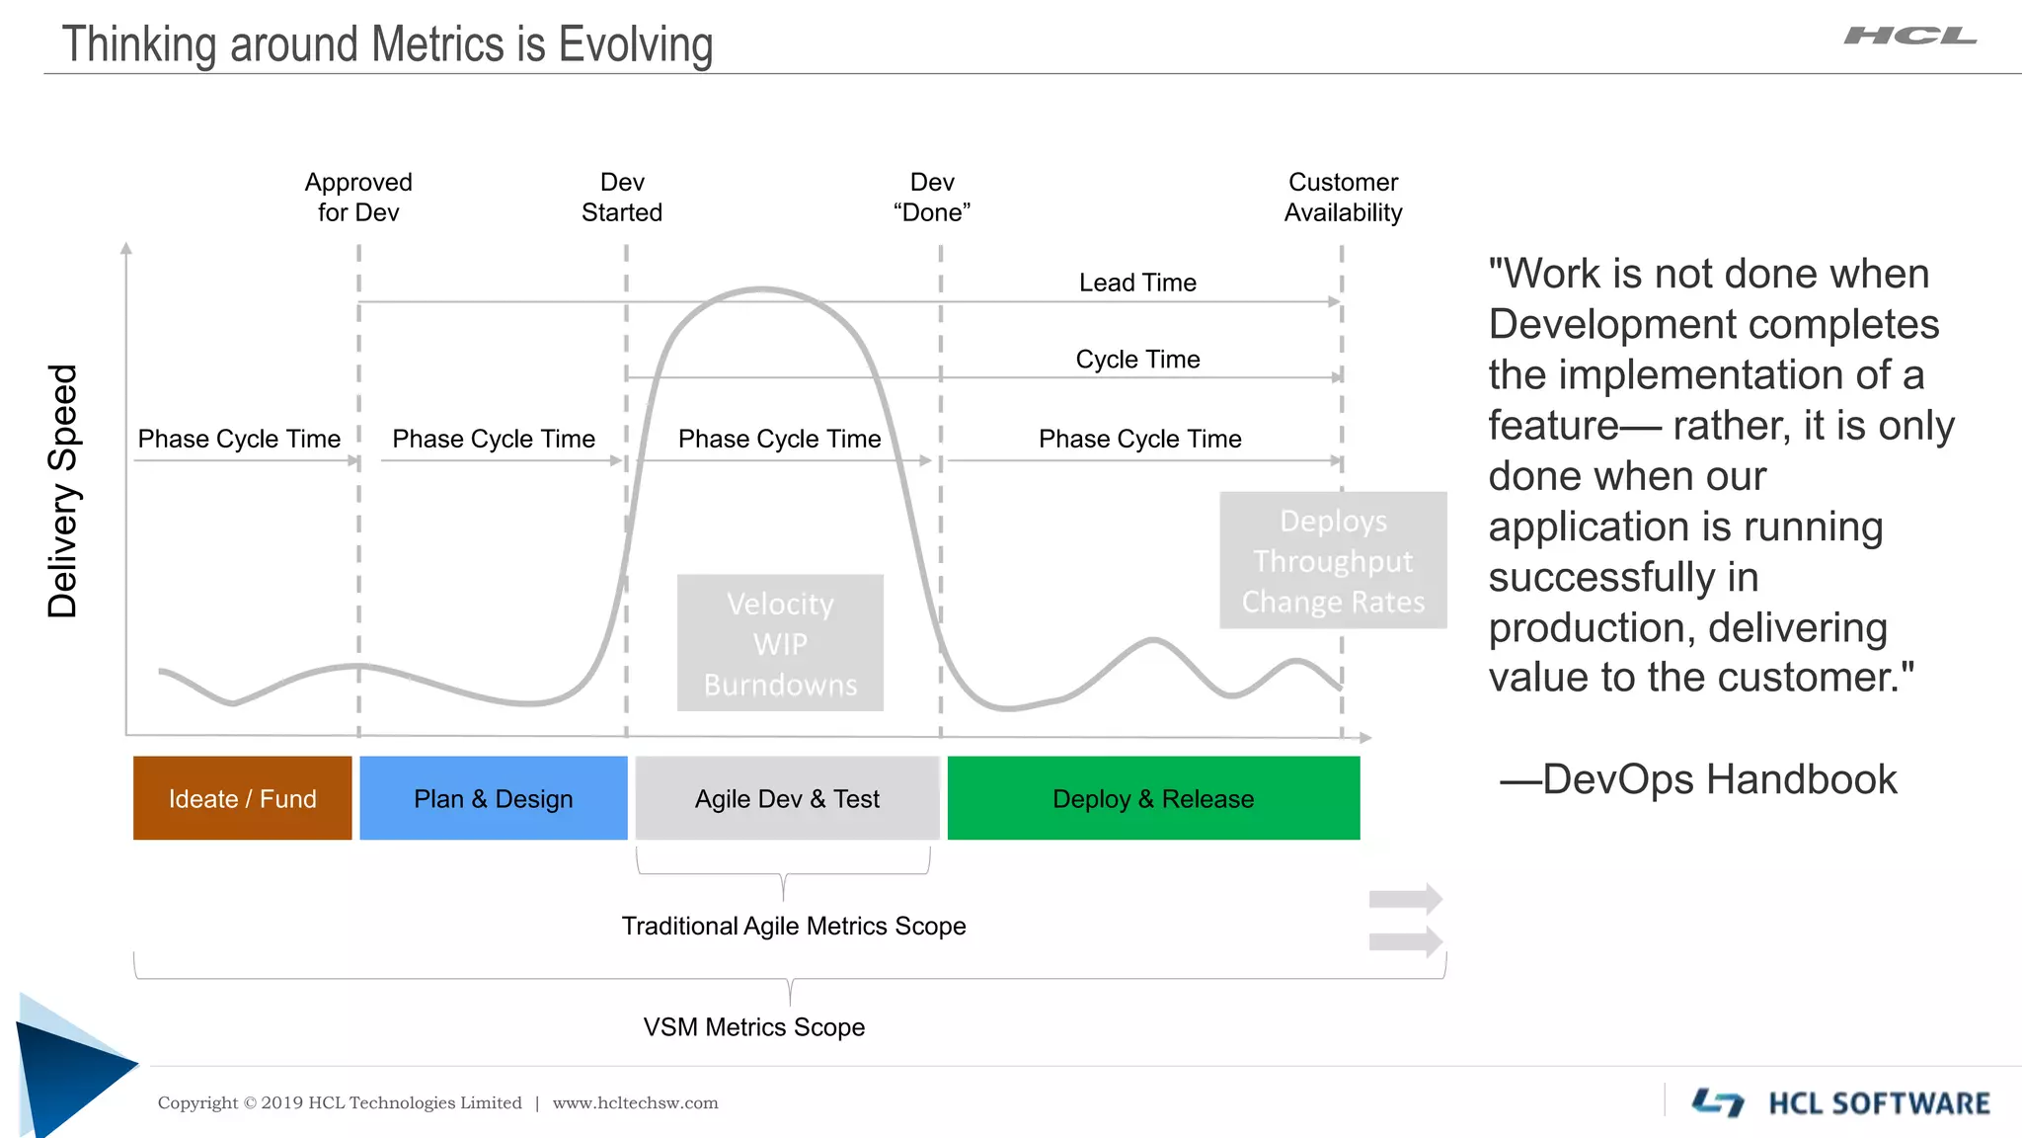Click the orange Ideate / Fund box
pyautogui.click(x=242, y=798)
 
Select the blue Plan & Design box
pyautogui.click(x=493, y=798)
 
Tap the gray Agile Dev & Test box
pyautogui.click(x=787, y=798)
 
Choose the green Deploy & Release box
pyautogui.click(x=1153, y=798)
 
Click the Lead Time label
pyautogui.click(x=1137, y=283)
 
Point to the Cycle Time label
pyautogui.click(x=1137, y=360)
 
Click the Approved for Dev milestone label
pyautogui.click(x=358, y=198)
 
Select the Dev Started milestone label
pyautogui.click(x=622, y=198)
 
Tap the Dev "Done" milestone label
pyautogui.click(x=932, y=198)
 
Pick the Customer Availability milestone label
pyautogui.click(x=1343, y=198)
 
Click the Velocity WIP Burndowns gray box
pyautogui.click(x=780, y=643)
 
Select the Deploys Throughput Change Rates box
pyautogui.click(x=1333, y=560)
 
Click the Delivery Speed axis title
pyautogui.click(x=63, y=491)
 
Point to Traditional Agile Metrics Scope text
pyautogui.click(x=794, y=926)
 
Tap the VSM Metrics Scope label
pyautogui.click(x=754, y=1027)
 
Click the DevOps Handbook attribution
pyautogui.click(x=1698, y=779)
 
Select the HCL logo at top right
pyautogui.click(x=1910, y=37)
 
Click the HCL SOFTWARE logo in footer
pyautogui.click(x=1842, y=1102)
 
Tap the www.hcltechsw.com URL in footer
pyautogui.click(x=635, y=1103)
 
